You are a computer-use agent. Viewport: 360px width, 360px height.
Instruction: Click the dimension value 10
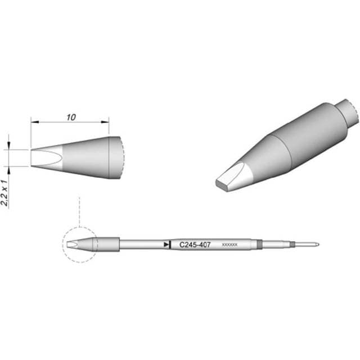[70, 118]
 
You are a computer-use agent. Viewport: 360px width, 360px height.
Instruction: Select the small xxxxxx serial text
[230, 245]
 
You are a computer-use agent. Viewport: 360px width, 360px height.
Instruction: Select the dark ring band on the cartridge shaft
[259, 245]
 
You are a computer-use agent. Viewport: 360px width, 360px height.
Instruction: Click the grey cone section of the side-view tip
[84, 157]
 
